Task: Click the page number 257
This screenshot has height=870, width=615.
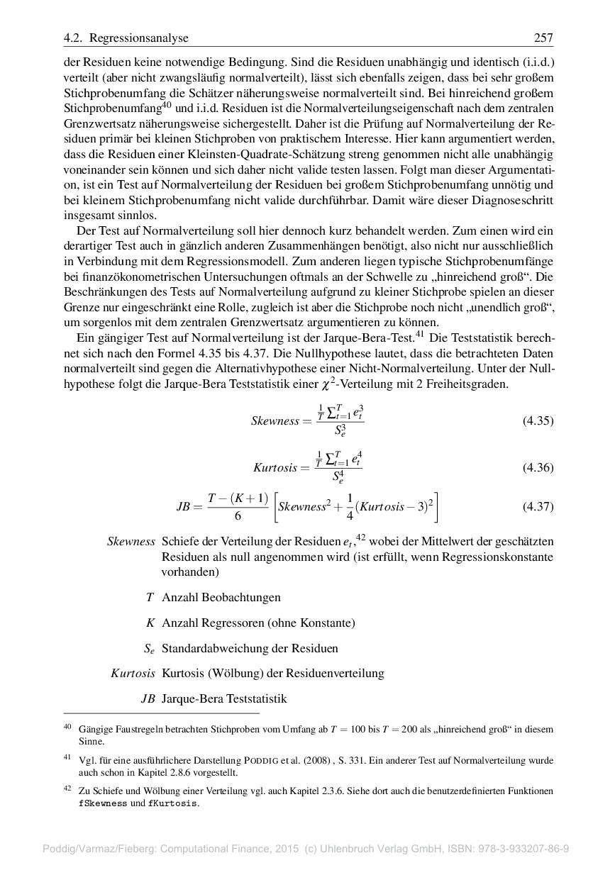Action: click(x=543, y=38)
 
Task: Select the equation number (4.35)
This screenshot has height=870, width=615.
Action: click(x=538, y=420)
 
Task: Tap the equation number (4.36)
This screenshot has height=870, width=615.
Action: click(x=538, y=468)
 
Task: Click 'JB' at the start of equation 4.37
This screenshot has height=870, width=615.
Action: click(x=184, y=507)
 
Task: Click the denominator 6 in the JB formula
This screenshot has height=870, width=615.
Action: click(x=237, y=516)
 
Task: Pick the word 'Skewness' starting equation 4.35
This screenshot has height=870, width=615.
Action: click(x=275, y=421)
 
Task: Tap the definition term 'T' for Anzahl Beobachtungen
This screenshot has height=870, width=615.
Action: click(x=150, y=598)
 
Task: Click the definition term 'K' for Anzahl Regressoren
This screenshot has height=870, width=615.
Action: click(x=150, y=623)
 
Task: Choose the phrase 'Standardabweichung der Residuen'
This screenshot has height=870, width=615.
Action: click(x=250, y=648)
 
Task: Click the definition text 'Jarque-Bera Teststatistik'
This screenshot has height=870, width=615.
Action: click(x=224, y=699)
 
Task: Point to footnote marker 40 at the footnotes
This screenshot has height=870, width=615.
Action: click(x=68, y=727)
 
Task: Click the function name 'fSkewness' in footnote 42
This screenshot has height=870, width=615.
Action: click(x=103, y=804)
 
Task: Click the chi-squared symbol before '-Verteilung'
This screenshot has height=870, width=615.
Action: click(x=327, y=384)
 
